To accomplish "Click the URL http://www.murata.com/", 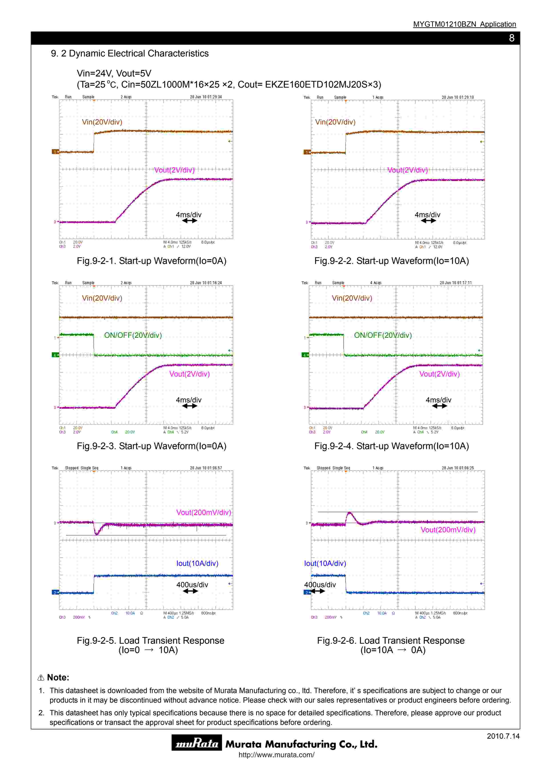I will [x=276, y=755].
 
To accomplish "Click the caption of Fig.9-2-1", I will [x=151, y=261].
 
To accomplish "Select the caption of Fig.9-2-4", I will [x=391, y=446].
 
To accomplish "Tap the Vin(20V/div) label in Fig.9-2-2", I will [x=335, y=122].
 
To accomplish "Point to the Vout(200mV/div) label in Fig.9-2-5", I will [x=203, y=512].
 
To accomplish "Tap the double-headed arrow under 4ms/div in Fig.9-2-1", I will [x=189, y=221].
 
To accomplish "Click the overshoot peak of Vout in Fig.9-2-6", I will [x=349, y=513].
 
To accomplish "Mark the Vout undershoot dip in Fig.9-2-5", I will [x=97, y=534].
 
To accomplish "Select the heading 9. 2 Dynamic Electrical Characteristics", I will [x=130, y=53].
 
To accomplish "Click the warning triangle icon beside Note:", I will [x=41, y=678].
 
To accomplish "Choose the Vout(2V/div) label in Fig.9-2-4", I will [x=439, y=374].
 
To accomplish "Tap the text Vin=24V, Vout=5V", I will [x=114, y=73].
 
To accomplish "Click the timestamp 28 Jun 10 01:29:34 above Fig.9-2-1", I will [x=206, y=97].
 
